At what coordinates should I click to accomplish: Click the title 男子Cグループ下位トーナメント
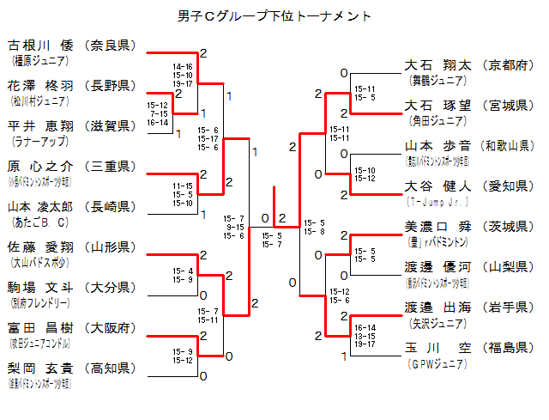[x=274, y=16]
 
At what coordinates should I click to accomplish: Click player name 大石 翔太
[x=437, y=65]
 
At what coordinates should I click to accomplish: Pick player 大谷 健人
[x=437, y=186]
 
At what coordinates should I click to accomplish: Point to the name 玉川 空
[x=437, y=348]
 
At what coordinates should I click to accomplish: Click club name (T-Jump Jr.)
[x=437, y=201]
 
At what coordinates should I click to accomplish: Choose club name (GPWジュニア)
[x=437, y=363]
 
